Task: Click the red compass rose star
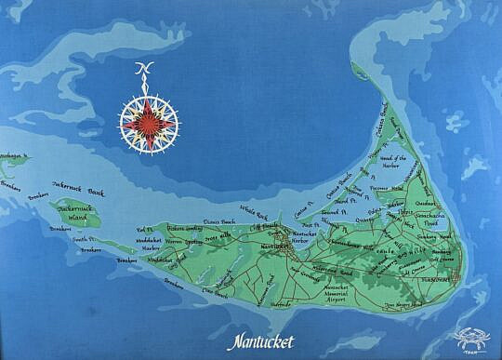tap(149, 120)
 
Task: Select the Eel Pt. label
tap(143, 229)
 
